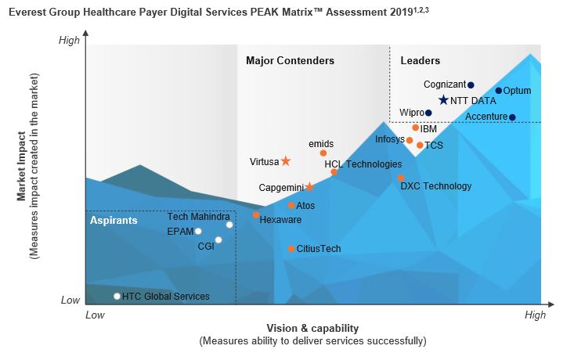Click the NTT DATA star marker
pyautogui.click(x=443, y=100)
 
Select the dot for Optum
pyautogui.click(x=498, y=91)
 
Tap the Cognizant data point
pyautogui.click(x=471, y=85)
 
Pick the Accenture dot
pyautogui.click(x=512, y=117)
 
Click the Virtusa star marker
pyautogui.click(x=286, y=161)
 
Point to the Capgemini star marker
pyautogui.click(x=309, y=187)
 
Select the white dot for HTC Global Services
pyautogui.click(x=117, y=297)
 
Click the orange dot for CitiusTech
pyautogui.click(x=291, y=249)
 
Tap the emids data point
pyautogui.click(x=323, y=153)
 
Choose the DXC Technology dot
pyautogui.click(x=401, y=178)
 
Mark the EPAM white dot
pyautogui.click(x=198, y=232)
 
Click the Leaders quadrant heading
pyautogui.click(x=420, y=61)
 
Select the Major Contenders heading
pyautogui.click(x=290, y=61)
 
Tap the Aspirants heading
pyautogui.click(x=114, y=221)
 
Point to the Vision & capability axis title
pyautogui.click(x=312, y=328)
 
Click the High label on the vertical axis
pyautogui.click(x=69, y=40)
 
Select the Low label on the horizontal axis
pyautogui.click(x=95, y=315)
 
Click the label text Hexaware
pyautogui.click(x=280, y=220)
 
